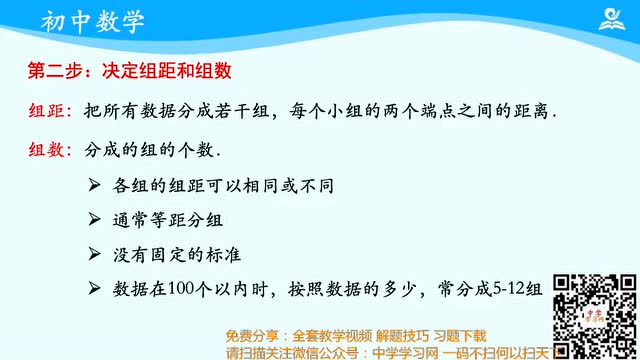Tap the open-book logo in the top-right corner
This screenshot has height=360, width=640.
tap(609, 19)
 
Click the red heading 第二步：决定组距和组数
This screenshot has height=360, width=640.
tap(129, 71)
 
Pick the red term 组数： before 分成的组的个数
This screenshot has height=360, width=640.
tap(49, 150)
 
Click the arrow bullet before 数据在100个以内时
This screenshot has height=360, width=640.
tap(94, 289)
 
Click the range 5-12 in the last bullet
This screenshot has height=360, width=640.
tap(499, 289)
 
